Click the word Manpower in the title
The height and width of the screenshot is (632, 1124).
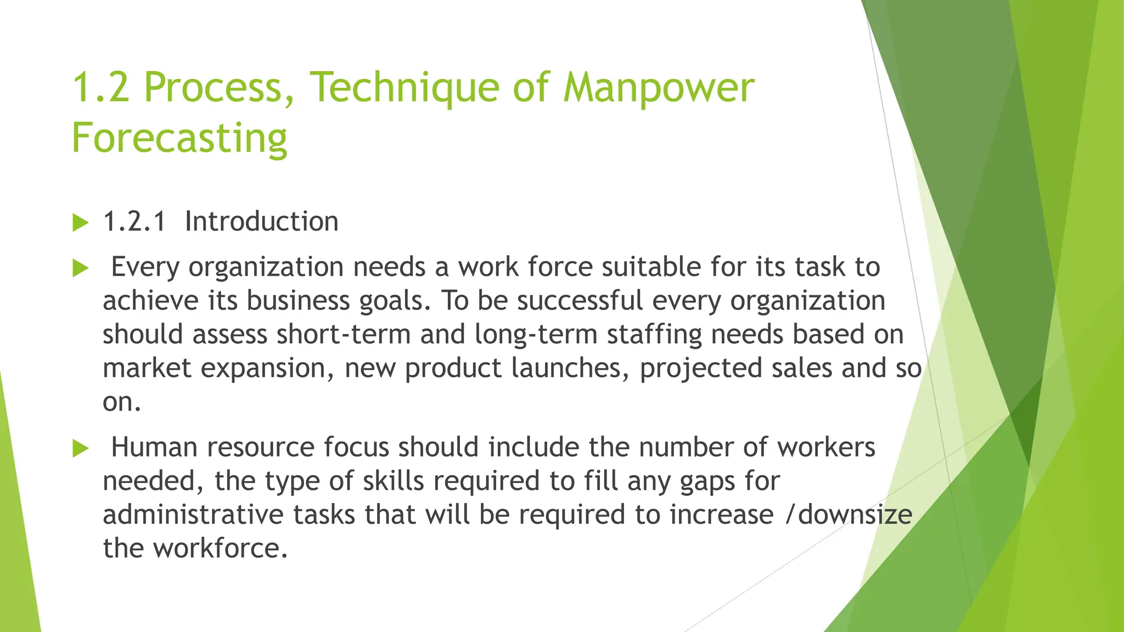coord(659,88)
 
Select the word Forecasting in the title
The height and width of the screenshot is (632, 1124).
coord(179,138)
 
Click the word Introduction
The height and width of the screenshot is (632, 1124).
coord(261,222)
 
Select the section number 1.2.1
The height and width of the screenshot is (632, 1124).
coord(134,222)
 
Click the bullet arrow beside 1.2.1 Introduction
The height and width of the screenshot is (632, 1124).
coord(80,223)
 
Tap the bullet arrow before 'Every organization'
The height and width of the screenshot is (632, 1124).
coord(80,268)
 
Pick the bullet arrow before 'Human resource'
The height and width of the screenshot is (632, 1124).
coord(80,449)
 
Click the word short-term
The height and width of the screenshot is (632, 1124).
coord(344,334)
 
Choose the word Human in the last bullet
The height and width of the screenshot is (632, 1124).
coord(154,447)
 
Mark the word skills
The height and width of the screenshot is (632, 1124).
coord(394,481)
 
